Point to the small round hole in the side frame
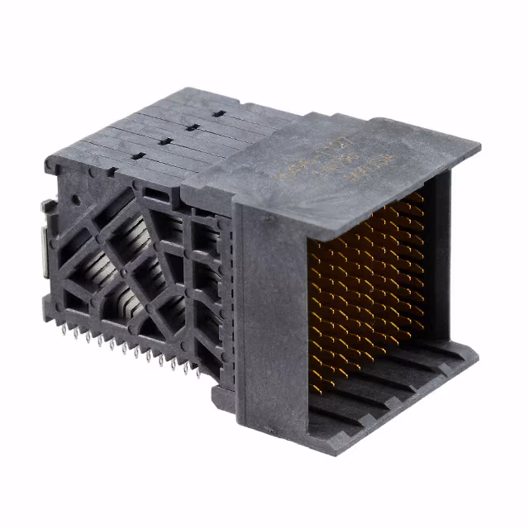pyautogui.click(x=75, y=199)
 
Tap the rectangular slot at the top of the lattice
pyautogui.click(x=155, y=192)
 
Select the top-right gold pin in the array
pyautogui.click(x=420, y=197)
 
